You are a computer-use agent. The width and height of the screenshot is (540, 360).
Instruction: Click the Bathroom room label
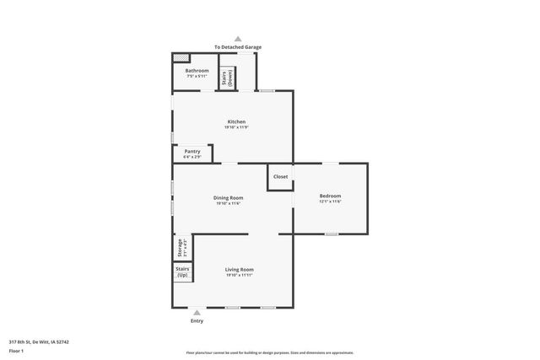197,71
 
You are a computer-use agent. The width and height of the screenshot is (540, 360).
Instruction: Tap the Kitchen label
236,121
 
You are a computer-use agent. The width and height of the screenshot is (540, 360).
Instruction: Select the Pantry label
192,152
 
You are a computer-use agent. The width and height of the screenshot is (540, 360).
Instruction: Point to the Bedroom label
330,196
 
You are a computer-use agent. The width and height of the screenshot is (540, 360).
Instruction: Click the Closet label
280,176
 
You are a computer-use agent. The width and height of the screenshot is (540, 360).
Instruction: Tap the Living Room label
239,270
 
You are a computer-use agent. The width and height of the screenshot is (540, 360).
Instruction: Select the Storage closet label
180,248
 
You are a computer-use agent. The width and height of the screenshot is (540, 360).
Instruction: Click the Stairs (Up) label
182,271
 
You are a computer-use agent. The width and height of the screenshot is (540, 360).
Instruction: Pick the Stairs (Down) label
226,78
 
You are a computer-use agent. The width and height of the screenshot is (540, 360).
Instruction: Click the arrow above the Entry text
197,312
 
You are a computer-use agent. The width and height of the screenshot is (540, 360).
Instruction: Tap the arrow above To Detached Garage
238,39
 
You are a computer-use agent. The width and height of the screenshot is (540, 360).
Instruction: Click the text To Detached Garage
237,47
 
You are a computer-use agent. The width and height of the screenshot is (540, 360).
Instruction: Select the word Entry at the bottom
197,320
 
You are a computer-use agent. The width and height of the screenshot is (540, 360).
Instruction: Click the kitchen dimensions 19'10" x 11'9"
236,127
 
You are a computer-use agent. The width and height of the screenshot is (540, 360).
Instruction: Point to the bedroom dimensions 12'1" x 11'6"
330,201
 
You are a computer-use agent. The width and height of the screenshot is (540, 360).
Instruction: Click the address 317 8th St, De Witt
39,341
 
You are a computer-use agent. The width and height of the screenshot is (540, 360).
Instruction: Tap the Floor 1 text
16,350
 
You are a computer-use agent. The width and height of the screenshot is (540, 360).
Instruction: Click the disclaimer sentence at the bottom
270,352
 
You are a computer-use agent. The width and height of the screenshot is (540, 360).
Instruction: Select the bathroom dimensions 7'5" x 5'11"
197,76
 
